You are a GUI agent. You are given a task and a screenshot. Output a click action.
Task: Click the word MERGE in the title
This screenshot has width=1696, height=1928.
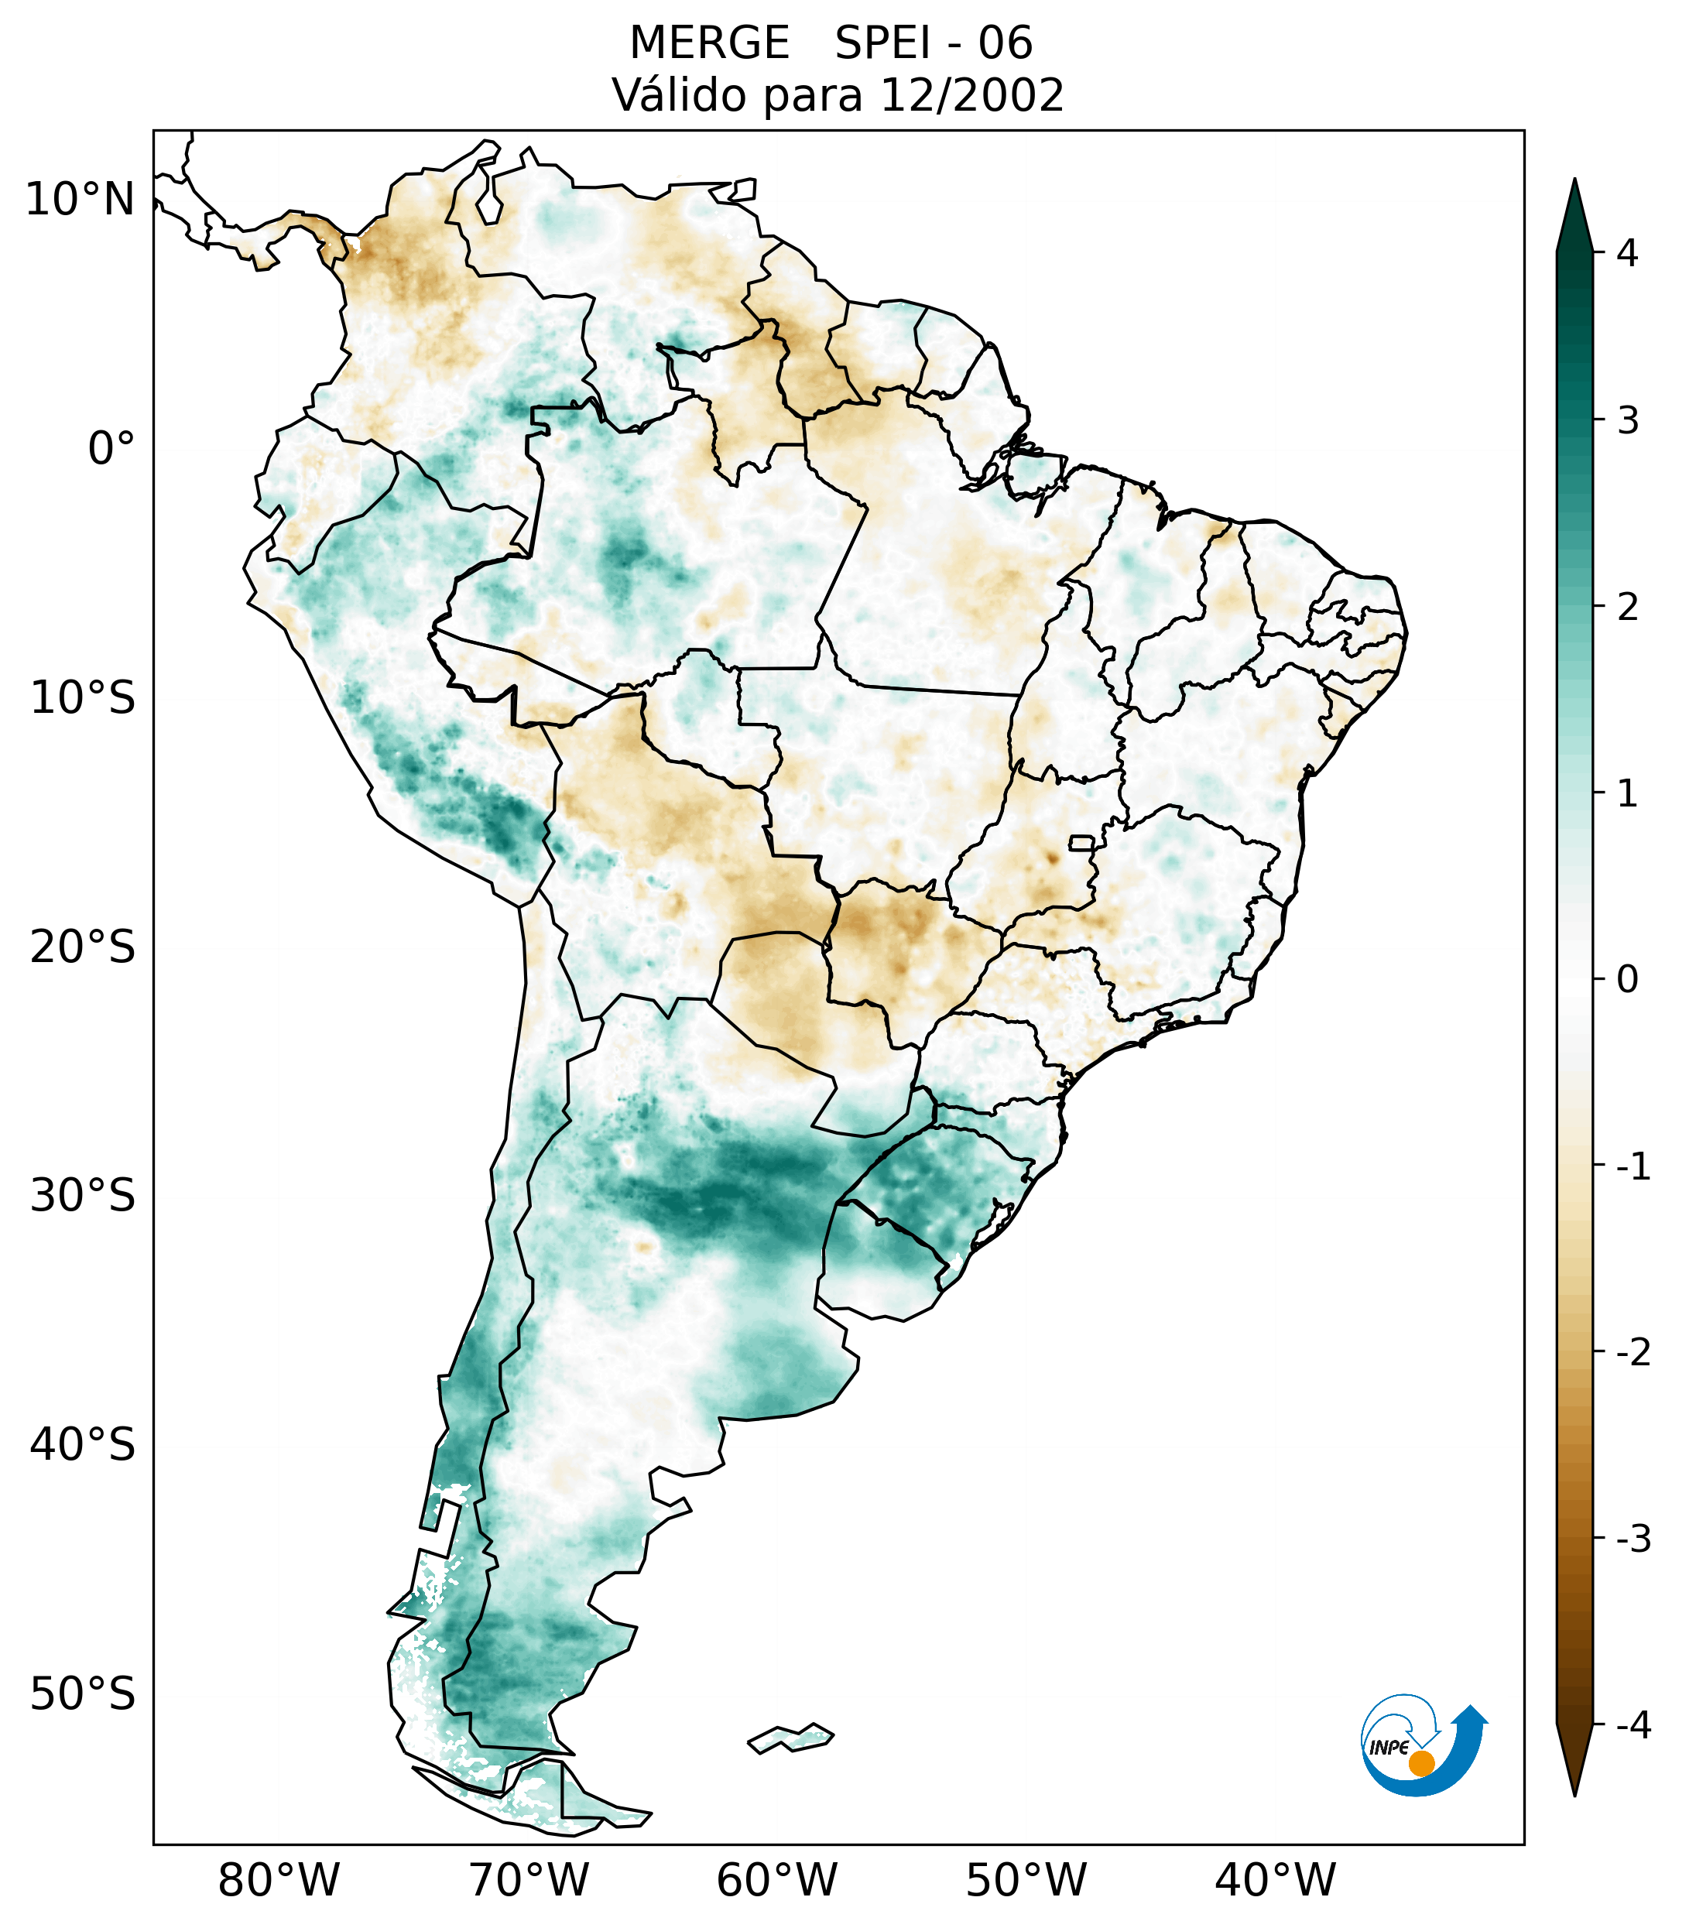tap(709, 43)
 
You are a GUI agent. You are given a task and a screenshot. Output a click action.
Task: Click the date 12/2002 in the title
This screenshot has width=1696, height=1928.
tap(971, 95)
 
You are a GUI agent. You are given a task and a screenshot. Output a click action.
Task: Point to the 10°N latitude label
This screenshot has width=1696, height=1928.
tap(81, 200)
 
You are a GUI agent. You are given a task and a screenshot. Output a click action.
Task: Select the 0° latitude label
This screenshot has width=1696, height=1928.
tap(111, 449)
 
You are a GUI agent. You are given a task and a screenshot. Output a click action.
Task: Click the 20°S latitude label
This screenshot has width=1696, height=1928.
tap(83, 947)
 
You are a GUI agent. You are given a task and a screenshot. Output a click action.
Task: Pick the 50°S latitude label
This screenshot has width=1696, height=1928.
tap(83, 1695)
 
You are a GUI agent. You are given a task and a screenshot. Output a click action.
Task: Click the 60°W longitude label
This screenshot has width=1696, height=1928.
tap(776, 1881)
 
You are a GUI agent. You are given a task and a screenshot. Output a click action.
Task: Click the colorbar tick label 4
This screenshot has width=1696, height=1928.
tap(1627, 253)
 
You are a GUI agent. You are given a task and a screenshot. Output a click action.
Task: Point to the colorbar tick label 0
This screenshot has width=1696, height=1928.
tap(1627, 980)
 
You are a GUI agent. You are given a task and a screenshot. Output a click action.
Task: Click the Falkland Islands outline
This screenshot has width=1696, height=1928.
tap(790, 1738)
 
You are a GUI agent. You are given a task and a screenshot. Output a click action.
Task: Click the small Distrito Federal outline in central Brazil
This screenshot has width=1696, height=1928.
tap(1081, 842)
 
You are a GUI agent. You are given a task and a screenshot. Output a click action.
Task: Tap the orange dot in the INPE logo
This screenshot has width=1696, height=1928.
tap(1420, 1763)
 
